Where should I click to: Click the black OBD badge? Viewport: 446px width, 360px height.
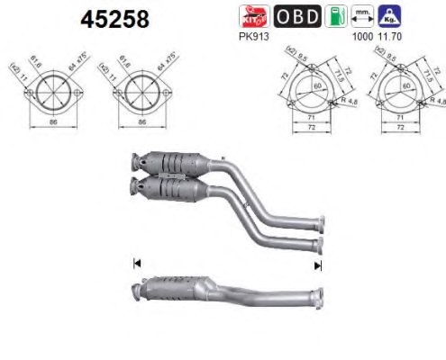[297, 16]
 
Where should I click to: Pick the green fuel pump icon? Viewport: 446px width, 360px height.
[337, 16]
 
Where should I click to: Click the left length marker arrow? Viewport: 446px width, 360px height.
[137, 264]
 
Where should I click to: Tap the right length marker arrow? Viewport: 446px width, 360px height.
[317, 265]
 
